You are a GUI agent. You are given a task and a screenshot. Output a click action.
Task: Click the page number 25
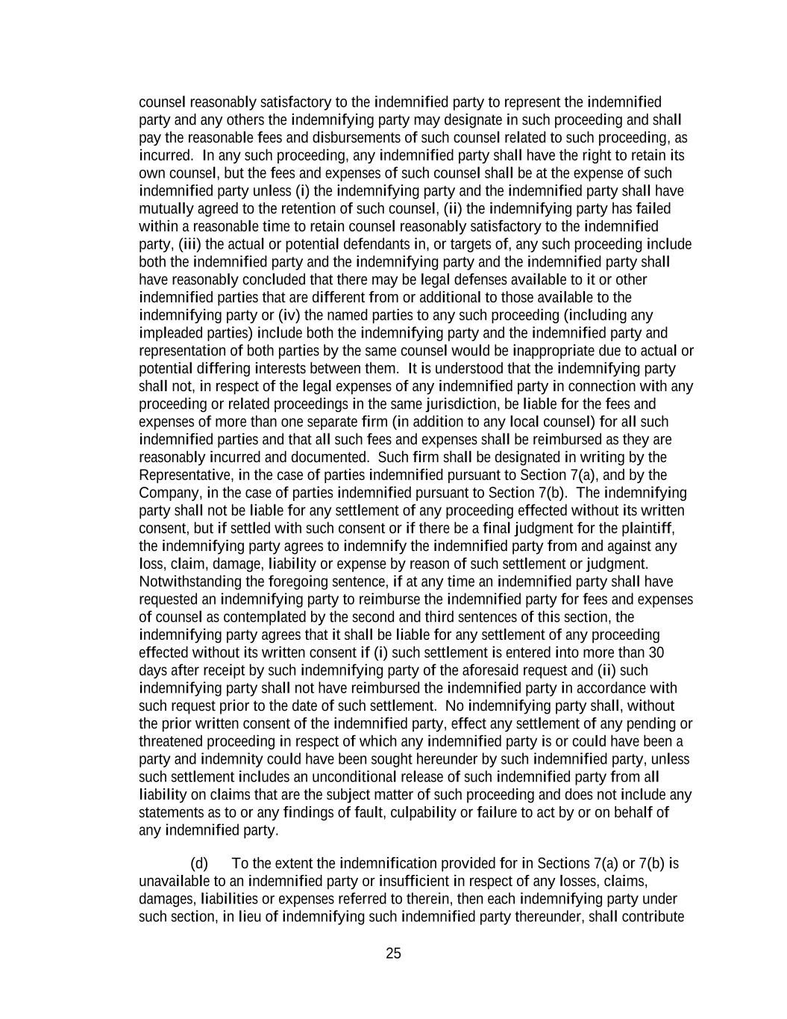pos(393,953)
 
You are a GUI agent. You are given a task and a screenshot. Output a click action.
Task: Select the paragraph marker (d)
pos(199,864)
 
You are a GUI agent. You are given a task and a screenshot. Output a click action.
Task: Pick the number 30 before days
pos(656,652)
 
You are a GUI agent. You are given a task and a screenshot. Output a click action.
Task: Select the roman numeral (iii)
pos(189,244)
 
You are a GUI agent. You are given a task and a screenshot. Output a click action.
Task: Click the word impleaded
pos(169,333)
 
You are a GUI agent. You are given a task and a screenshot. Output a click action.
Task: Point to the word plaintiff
pos(648,529)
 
